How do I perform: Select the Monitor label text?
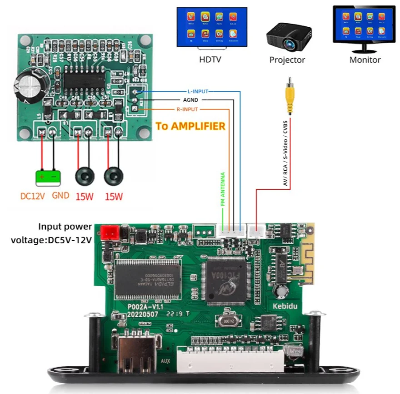365,59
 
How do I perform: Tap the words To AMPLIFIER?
190,126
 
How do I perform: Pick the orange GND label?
60,196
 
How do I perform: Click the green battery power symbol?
48,178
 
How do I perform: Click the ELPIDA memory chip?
148,278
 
